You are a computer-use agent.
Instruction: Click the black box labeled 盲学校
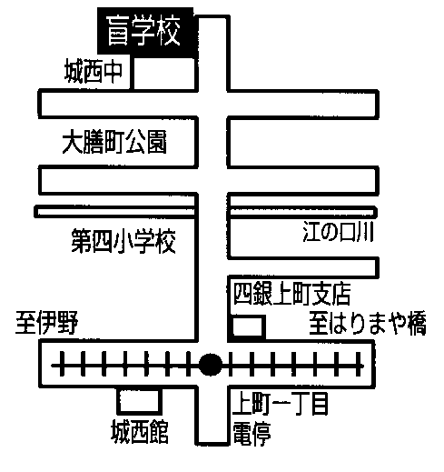[145, 33]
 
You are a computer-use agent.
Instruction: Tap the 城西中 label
[94, 72]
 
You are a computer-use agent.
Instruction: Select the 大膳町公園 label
[114, 142]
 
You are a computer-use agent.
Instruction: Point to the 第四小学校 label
[123, 241]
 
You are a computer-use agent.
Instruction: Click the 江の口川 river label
[339, 232]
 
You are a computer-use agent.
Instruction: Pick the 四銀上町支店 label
[292, 294]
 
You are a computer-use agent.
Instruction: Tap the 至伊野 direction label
[47, 322]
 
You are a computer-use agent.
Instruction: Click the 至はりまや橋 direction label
[368, 323]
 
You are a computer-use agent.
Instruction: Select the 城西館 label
[140, 432]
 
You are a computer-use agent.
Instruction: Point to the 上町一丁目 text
[281, 404]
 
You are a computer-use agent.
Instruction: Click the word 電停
[252, 433]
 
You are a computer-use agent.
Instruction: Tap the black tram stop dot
[211, 365]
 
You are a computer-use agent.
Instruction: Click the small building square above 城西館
[140, 401]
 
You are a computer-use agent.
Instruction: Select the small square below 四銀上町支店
[249, 326]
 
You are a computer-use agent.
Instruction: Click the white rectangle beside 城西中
[164, 74]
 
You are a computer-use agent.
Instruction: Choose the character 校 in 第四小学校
[166, 241]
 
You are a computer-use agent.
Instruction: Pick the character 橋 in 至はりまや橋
[416, 323]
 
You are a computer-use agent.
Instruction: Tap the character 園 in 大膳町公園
[157, 142]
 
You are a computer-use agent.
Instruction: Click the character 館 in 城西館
[159, 432]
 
